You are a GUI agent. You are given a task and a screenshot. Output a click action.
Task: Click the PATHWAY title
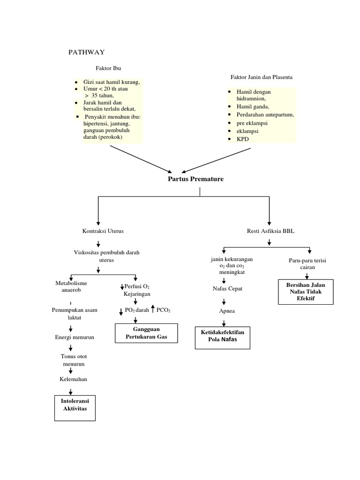[x=87, y=52]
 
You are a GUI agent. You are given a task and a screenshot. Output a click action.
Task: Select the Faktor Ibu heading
[x=108, y=68]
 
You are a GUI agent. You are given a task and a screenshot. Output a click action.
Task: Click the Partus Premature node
[x=195, y=179]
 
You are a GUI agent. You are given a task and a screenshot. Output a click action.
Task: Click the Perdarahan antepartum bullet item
[x=265, y=115]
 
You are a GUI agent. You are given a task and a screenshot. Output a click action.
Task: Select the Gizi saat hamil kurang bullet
[x=112, y=82]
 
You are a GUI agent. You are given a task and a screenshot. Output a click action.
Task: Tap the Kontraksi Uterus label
[x=103, y=231]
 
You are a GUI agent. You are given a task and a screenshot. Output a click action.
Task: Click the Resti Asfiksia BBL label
[x=270, y=231]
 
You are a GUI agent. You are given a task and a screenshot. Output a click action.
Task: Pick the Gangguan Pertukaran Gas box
[x=146, y=333]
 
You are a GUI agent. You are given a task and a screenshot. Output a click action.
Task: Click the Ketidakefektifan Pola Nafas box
[x=223, y=336]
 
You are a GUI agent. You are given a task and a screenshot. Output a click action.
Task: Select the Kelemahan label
[x=73, y=379]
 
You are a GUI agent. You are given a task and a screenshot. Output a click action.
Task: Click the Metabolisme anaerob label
[x=71, y=286]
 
